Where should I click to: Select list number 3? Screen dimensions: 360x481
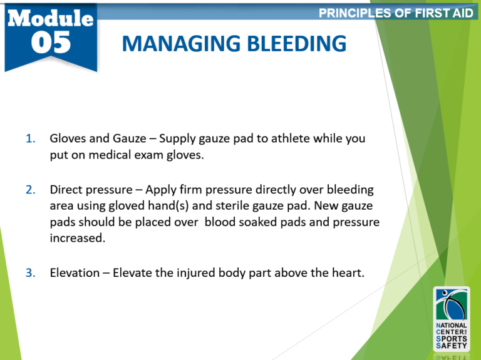point(31,273)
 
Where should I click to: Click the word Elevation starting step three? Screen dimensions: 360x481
point(75,273)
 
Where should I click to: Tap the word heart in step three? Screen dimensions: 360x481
point(348,273)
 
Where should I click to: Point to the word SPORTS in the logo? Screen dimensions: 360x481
point(452,338)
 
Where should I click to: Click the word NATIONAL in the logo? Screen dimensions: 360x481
point(452,325)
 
